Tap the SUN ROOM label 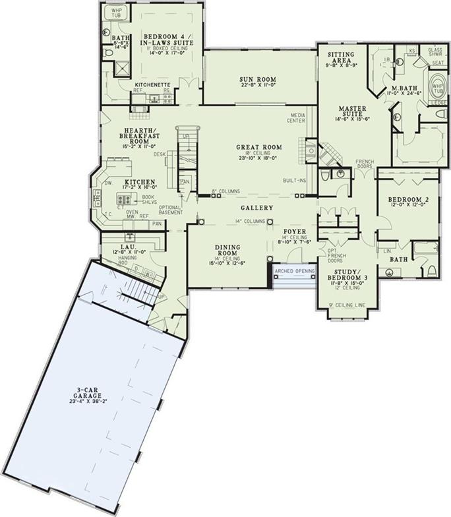click(x=257, y=79)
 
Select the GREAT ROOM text click(x=258, y=147)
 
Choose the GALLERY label click(x=257, y=206)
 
